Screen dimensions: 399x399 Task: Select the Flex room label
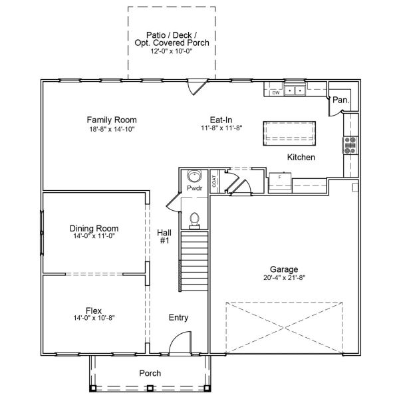click(x=94, y=310)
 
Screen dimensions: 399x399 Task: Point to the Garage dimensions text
click(x=283, y=277)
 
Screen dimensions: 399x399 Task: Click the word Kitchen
click(x=301, y=158)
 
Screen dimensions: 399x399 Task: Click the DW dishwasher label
click(x=275, y=92)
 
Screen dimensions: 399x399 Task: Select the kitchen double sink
click(x=295, y=90)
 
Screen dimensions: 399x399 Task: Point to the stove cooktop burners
click(x=350, y=144)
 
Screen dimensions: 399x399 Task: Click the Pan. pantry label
click(x=340, y=100)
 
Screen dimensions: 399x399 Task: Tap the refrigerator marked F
click(x=280, y=182)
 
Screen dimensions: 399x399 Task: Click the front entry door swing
click(x=180, y=345)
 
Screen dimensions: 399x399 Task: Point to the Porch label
click(x=150, y=373)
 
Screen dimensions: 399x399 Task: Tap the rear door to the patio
click(x=196, y=86)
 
